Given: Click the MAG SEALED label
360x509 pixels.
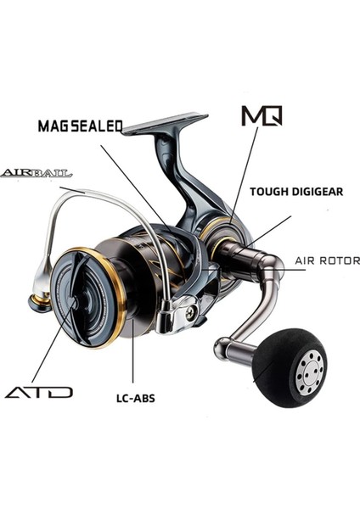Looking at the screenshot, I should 80,126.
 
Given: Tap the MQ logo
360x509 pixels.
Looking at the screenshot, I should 262,115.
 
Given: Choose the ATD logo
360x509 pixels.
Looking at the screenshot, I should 40,392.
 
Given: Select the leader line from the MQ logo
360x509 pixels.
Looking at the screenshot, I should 244,170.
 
